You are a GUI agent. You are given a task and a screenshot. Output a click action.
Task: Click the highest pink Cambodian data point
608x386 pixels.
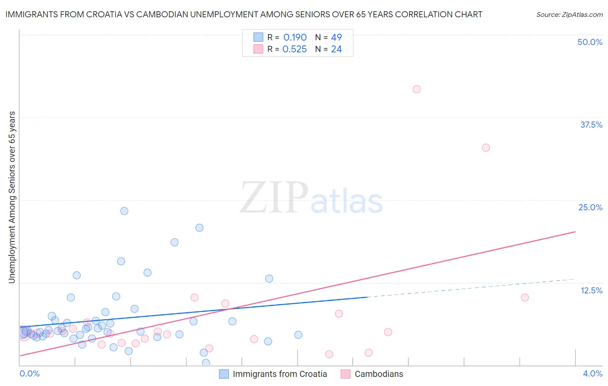coord(416,89)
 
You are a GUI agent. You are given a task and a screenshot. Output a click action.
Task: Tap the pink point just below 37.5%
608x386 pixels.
coord(486,148)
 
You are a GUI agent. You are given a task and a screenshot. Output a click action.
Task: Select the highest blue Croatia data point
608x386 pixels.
coord(124,211)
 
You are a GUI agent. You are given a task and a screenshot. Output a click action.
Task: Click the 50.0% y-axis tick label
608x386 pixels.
coord(590,42)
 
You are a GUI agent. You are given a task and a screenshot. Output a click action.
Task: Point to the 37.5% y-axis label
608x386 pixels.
coord(591,125)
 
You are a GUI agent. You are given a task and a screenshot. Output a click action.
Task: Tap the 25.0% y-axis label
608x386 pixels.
coord(590,207)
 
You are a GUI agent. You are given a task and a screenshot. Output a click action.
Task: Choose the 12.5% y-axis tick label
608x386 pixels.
coord(591,290)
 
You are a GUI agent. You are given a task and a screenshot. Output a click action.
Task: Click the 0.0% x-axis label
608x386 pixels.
coord(29,373)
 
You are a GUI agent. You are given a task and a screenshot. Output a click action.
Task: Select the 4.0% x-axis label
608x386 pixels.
coord(592,373)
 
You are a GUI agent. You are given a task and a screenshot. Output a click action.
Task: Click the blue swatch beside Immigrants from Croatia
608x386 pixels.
coord(224,374)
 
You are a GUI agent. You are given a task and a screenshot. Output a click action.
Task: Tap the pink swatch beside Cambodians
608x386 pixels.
coord(345,374)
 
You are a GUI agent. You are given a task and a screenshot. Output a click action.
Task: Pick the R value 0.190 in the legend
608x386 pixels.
coord(295,38)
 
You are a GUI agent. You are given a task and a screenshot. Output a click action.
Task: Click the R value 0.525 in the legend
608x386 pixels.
coord(294,49)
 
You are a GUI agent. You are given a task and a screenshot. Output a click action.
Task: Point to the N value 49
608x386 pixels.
coord(336,38)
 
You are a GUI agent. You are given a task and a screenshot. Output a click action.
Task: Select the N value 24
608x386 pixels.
coord(336,49)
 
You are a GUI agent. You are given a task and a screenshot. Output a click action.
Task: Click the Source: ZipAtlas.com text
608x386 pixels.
coord(569,15)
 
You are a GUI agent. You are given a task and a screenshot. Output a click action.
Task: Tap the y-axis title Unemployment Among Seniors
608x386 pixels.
coord(12,197)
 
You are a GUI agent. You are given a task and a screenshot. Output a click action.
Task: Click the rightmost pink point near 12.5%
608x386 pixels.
coord(525,297)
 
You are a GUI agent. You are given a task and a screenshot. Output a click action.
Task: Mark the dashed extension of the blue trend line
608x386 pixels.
coord(471,288)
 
